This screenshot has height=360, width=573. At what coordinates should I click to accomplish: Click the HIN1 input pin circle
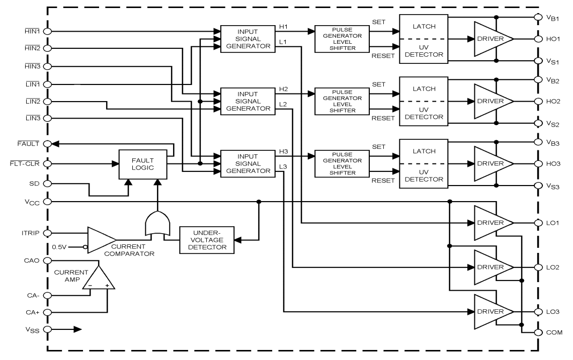pos(48,31)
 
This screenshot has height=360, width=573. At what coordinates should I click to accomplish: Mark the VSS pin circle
pos(48,330)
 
